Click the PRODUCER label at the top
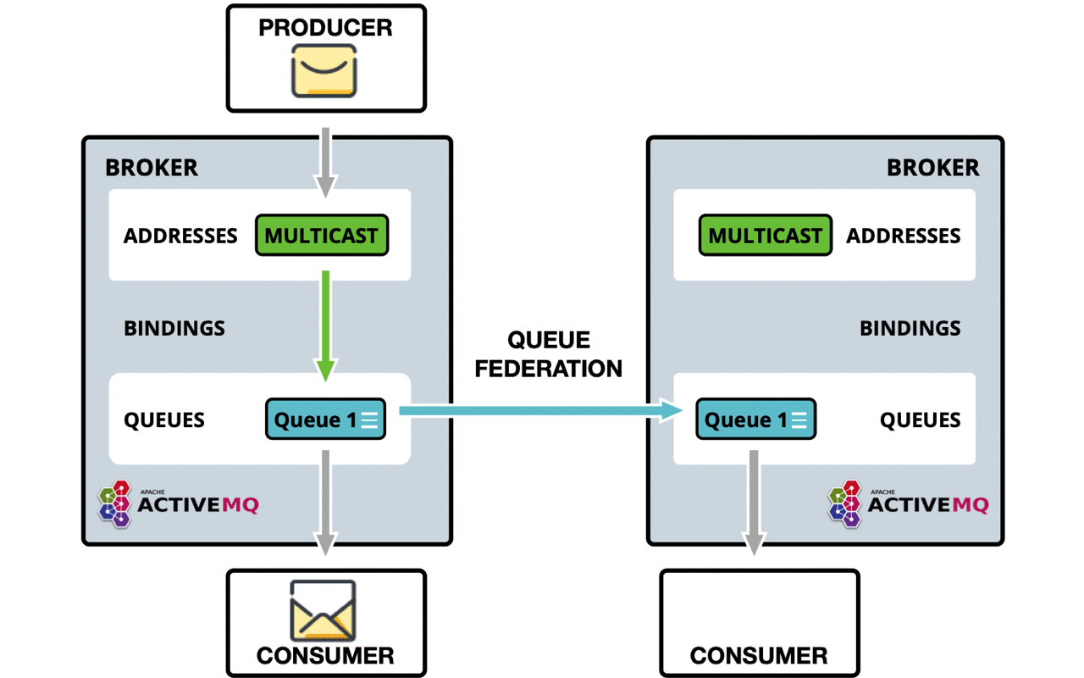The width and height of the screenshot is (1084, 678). pyautogui.click(x=325, y=27)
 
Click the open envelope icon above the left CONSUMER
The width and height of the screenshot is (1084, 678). pyautogui.click(x=324, y=610)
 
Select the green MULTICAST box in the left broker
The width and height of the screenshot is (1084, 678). pyautogui.click(x=322, y=236)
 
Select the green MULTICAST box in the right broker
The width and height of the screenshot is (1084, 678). pyautogui.click(x=766, y=236)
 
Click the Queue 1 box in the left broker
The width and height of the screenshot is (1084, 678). pyautogui.click(x=326, y=420)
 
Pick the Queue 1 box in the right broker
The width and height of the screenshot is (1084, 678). pyautogui.click(x=755, y=420)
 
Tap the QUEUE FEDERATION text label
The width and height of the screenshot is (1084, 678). pyautogui.click(x=549, y=354)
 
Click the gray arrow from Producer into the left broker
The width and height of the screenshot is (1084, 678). pyautogui.click(x=326, y=162)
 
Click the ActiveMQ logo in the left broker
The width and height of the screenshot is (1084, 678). pyautogui.click(x=179, y=504)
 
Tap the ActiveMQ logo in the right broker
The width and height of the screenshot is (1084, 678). pyautogui.click(x=909, y=504)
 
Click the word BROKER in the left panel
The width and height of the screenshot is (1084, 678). pyautogui.click(x=152, y=168)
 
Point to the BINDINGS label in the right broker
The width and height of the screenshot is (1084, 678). pyautogui.click(x=910, y=328)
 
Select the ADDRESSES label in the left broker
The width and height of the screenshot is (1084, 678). pyautogui.click(x=180, y=236)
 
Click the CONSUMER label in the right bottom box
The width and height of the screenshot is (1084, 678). pyautogui.click(x=759, y=655)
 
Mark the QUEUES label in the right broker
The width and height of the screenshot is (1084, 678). pyautogui.click(x=921, y=420)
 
